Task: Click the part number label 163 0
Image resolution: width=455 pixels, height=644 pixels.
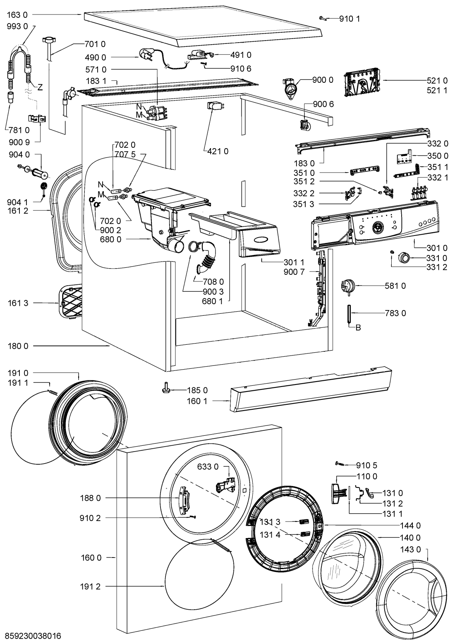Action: (x=17, y=14)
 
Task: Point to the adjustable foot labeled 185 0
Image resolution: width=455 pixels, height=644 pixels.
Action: (x=166, y=389)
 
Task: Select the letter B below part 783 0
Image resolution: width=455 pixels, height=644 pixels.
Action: (x=359, y=328)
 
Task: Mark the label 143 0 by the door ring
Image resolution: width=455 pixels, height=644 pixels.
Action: (x=411, y=550)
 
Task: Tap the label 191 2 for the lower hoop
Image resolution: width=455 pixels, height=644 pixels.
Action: (x=91, y=586)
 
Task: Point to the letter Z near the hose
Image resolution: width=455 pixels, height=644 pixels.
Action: (x=40, y=87)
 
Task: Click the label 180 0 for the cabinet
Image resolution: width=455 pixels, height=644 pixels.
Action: (x=17, y=346)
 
